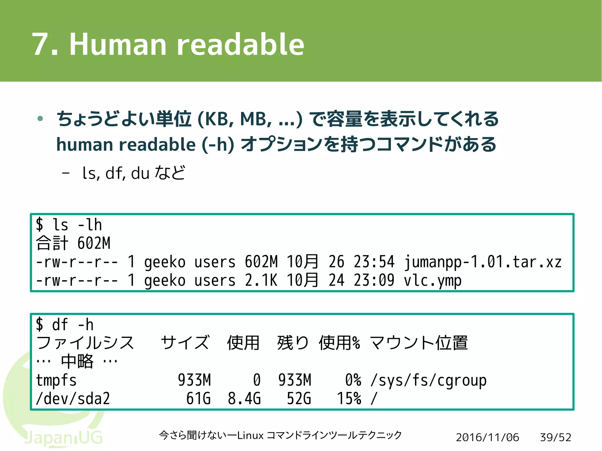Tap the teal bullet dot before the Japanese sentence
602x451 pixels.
click(41, 119)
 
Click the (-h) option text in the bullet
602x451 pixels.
click(218, 145)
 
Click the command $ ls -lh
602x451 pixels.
click(69, 225)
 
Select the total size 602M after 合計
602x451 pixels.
click(94, 243)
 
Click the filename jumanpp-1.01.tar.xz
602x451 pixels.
click(482, 262)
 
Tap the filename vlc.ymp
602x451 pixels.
click(432, 281)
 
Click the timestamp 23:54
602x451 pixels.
click(374, 262)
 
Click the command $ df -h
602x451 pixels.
click(65, 325)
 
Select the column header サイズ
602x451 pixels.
click(185, 343)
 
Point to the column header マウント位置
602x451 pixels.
click(419, 343)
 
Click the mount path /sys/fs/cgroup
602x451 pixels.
click(429, 380)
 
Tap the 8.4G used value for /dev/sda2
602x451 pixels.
click(244, 399)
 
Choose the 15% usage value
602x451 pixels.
click(349, 399)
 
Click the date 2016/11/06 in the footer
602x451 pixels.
click(487, 437)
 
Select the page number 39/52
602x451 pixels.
click(555, 437)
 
